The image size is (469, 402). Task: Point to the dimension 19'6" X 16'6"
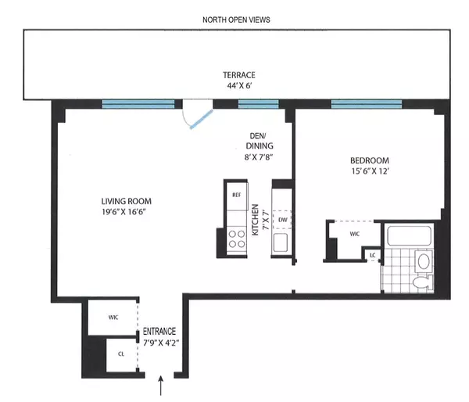click(127, 210)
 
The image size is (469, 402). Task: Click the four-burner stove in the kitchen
click(235, 238)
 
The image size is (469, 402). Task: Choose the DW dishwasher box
click(283, 221)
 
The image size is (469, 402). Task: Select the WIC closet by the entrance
click(112, 318)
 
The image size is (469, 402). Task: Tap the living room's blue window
click(138, 103)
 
